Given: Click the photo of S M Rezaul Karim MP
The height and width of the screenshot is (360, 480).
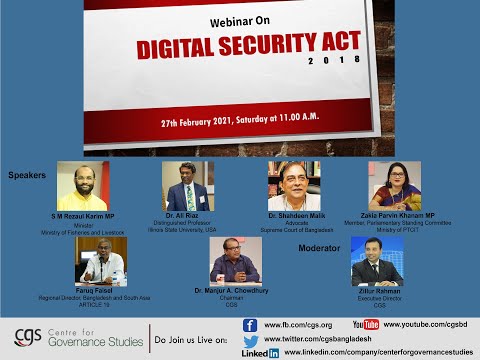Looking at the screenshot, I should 82,185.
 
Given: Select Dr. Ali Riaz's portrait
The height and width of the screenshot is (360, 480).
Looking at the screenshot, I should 187,185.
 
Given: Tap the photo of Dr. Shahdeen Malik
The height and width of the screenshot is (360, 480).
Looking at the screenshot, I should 293,185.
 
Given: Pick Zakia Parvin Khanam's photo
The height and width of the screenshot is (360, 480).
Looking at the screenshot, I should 394,185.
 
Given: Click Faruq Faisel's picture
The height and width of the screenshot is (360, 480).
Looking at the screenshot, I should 100,260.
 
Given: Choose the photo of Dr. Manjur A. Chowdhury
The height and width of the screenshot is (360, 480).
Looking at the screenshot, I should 235,260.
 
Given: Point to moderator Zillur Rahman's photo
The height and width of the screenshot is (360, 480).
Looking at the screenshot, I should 377,260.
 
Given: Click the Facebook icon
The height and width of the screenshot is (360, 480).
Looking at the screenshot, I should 250,325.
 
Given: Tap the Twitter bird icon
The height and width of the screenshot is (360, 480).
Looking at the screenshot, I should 251,341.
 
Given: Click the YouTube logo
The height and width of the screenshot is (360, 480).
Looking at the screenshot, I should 366,325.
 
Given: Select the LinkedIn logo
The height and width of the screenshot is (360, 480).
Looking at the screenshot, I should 260,353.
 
